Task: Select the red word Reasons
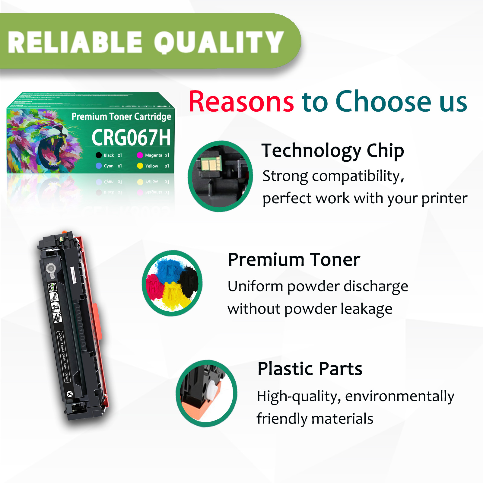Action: (241, 102)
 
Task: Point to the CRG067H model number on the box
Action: (131, 138)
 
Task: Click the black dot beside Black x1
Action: (99, 155)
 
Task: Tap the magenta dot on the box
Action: (140, 155)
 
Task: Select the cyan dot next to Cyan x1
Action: (99, 166)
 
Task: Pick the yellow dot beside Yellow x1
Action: (140, 166)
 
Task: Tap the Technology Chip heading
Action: (332, 151)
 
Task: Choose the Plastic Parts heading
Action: (310, 369)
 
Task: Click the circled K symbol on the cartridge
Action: (70, 394)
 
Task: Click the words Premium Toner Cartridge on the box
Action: (121, 116)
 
